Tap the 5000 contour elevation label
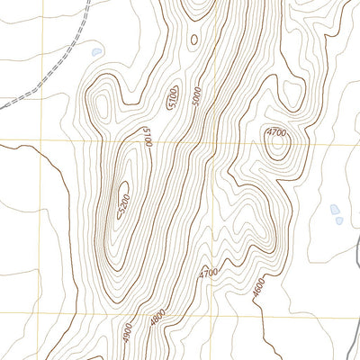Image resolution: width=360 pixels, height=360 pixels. tap(197, 95)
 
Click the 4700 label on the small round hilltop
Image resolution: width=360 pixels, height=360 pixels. tap(276, 133)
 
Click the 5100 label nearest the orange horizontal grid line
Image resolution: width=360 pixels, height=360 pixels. tap(147, 138)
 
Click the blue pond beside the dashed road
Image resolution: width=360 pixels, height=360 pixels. tap(96, 52)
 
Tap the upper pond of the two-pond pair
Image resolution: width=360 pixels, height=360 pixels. tap(335, 209)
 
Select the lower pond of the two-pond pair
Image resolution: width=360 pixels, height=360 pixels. tap(337, 220)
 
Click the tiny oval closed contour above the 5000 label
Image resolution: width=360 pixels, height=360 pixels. tap(192, 40)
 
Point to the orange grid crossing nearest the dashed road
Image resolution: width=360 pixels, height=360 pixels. tap(39, 142)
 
